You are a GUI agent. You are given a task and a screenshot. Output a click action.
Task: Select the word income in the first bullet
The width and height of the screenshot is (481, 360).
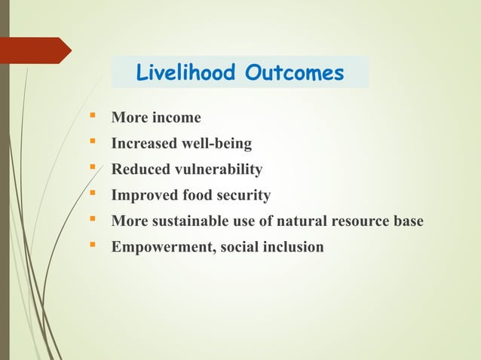point(176,117)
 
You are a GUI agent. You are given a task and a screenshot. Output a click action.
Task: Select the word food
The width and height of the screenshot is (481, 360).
point(195,196)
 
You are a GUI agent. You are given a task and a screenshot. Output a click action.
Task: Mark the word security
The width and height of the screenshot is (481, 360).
point(244,196)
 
